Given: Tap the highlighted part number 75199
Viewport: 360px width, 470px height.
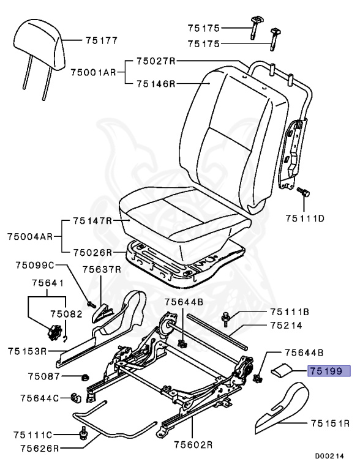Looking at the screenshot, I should [329, 371].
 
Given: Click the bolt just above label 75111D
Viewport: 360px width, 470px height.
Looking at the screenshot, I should [303, 193].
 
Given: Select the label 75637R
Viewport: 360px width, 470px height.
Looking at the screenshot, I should [102, 269].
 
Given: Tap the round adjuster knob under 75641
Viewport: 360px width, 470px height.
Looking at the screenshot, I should [53, 334].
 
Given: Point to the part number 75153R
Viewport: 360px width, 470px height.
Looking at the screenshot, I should [28, 351].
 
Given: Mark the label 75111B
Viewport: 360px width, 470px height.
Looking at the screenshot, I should [289, 312].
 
